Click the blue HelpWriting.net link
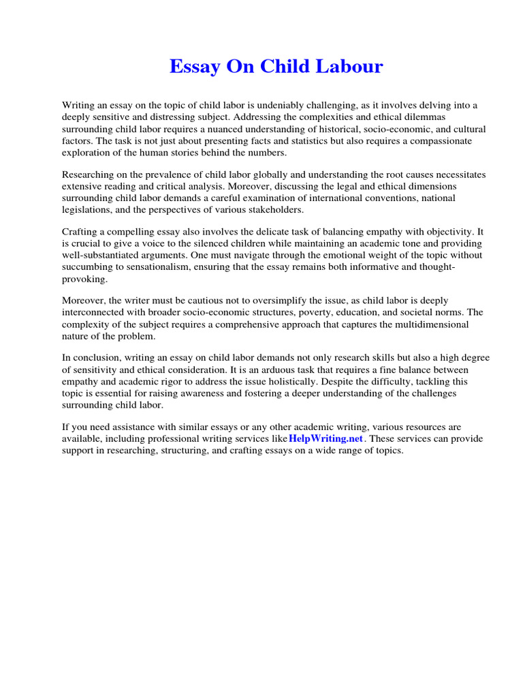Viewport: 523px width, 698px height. (326, 438)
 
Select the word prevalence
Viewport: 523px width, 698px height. (166, 174)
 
